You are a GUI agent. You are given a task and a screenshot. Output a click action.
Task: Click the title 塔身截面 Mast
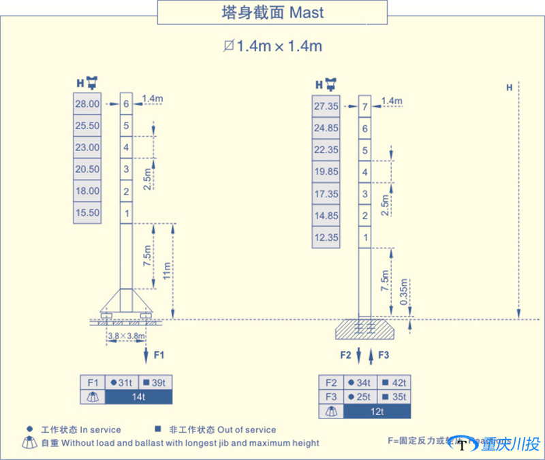tap(272, 12)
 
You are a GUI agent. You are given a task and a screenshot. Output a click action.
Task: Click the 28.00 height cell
tap(87, 104)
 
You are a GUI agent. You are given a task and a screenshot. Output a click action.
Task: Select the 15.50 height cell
tap(87, 213)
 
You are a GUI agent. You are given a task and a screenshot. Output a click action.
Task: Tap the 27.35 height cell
tap(326, 106)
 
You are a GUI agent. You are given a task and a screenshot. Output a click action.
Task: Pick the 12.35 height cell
tap(326, 237)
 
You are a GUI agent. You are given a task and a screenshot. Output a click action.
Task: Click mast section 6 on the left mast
tap(126, 104)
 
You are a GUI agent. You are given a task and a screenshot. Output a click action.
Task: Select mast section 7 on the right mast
tap(365, 107)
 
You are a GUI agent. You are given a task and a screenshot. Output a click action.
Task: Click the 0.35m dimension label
tap(405, 293)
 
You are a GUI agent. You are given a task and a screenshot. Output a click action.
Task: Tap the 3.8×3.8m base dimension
tap(126, 335)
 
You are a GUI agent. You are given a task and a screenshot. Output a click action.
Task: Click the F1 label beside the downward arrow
tap(159, 355)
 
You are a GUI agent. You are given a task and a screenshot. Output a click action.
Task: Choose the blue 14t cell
tap(139, 397)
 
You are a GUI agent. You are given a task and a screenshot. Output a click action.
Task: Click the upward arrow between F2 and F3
tap(370, 355)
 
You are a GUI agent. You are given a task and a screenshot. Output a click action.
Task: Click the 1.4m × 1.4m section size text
tap(272, 46)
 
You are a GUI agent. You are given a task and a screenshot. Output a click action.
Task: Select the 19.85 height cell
tap(326, 172)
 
